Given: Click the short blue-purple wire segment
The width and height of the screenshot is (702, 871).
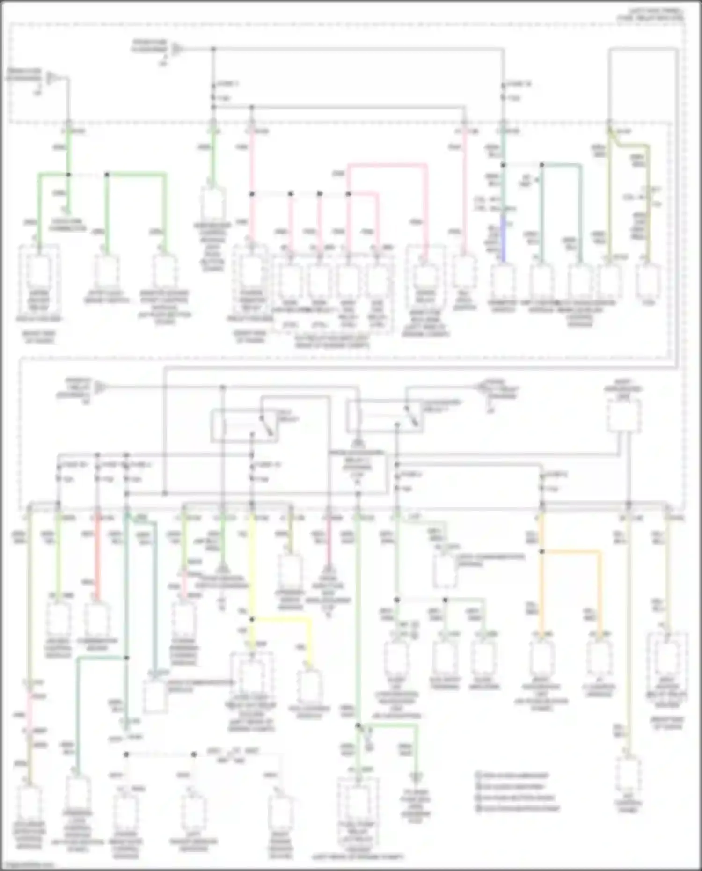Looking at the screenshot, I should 504,239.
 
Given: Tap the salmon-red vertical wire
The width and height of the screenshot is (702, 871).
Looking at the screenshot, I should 97,557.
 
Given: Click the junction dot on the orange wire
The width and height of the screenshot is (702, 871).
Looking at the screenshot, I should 542,552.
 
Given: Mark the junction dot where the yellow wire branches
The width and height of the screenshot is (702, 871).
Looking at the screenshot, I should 252,619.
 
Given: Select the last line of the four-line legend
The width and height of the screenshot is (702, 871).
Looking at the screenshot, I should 517,808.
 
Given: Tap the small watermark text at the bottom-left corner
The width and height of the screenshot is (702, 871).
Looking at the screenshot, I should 28,866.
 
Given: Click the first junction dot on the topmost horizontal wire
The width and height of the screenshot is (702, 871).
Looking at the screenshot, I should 213,49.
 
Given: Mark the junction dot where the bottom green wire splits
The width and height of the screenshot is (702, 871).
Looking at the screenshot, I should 358,726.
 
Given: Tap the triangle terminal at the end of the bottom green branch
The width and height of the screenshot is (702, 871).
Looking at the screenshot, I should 415,777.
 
